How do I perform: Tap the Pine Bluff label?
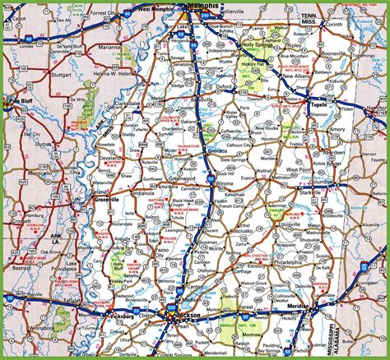click(x=14, y=101)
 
